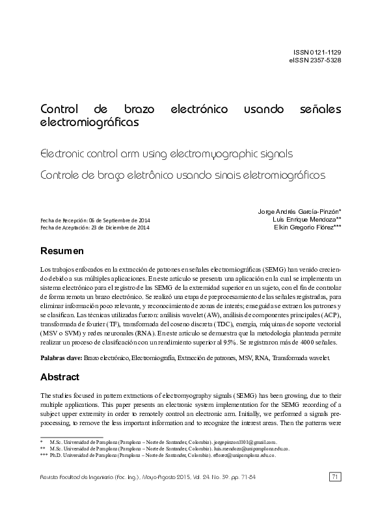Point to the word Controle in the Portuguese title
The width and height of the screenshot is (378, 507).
(x=62, y=175)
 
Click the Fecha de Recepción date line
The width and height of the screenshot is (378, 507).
(x=95, y=220)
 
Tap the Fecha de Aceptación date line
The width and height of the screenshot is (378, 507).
(x=94, y=228)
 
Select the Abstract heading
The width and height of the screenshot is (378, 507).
(x=60, y=377)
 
